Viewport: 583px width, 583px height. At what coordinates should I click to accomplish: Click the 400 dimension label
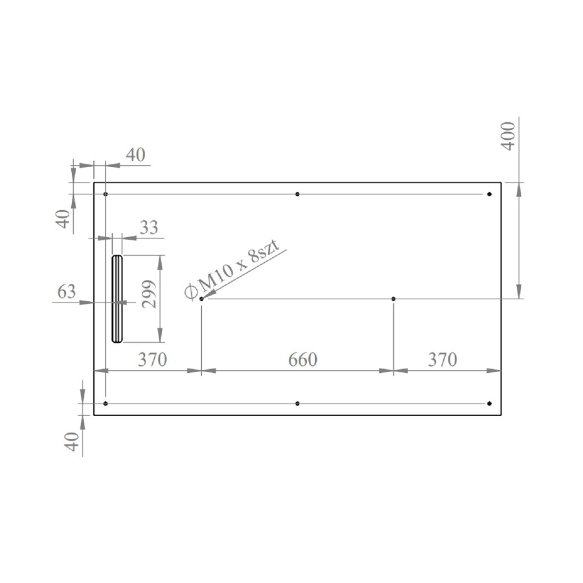(x=509, y=135)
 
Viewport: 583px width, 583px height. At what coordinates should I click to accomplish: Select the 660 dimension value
(x=302, y=360)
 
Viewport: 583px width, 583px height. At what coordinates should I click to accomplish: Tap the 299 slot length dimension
(x=148, y=294)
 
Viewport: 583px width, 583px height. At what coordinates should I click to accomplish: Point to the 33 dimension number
(x=148, y=227)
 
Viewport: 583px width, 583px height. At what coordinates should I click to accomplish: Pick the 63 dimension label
(x=67, y=291)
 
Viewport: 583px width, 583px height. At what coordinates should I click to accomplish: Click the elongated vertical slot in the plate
(x=117, y=299)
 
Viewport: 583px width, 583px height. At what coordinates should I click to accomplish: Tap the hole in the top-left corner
(x=106, y=194)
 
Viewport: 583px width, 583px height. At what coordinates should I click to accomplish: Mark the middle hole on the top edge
(x=297, y=194)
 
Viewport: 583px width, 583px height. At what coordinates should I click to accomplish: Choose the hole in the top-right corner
(x=489, y=194)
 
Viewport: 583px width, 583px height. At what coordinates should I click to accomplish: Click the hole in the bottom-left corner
(x=106, y=404)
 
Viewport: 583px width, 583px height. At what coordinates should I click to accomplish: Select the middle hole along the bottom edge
(x=297, y=404)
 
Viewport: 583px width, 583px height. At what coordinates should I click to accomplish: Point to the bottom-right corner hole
(x=489, y=404)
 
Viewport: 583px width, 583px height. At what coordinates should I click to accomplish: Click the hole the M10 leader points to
(x=201, y=299)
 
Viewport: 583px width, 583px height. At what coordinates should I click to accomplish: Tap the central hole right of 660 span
(x=393, y=299)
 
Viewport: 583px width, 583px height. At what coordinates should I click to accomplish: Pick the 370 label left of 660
(x=152, y=360)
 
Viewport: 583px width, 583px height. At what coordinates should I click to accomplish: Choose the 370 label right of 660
(x=442, y=360)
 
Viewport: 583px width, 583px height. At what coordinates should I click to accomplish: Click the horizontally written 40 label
(x=135, y=155)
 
